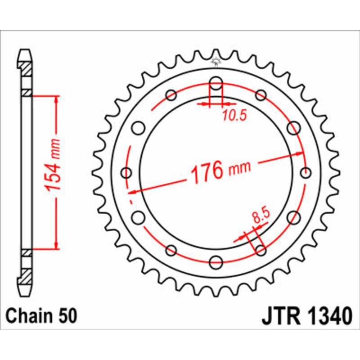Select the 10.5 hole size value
[x=234, y=116]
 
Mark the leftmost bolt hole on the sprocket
[x=127, y=173]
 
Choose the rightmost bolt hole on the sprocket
[x=306, y=172]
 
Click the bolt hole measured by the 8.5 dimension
[x=260, y=250]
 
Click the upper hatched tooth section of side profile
[x=26, y=68]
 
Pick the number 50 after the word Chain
[x=68, y=316]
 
